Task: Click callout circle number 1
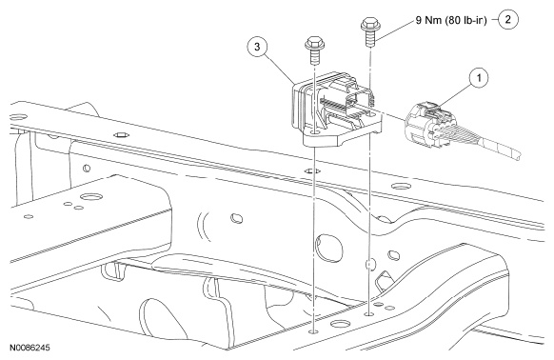pos(479,77)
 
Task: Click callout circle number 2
pos(508,19)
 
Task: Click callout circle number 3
pos(257,47)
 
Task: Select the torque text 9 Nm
pos(428,20)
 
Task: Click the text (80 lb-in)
pos(465,21)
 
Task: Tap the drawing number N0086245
pos(30,348)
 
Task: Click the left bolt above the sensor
pos(314,50)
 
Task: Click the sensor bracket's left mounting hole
pos(314,133)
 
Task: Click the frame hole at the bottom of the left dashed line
pos(314,331)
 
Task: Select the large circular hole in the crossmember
pos(329,248)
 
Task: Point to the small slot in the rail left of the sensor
pos(121,134)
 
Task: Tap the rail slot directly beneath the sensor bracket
pos(312,171)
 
